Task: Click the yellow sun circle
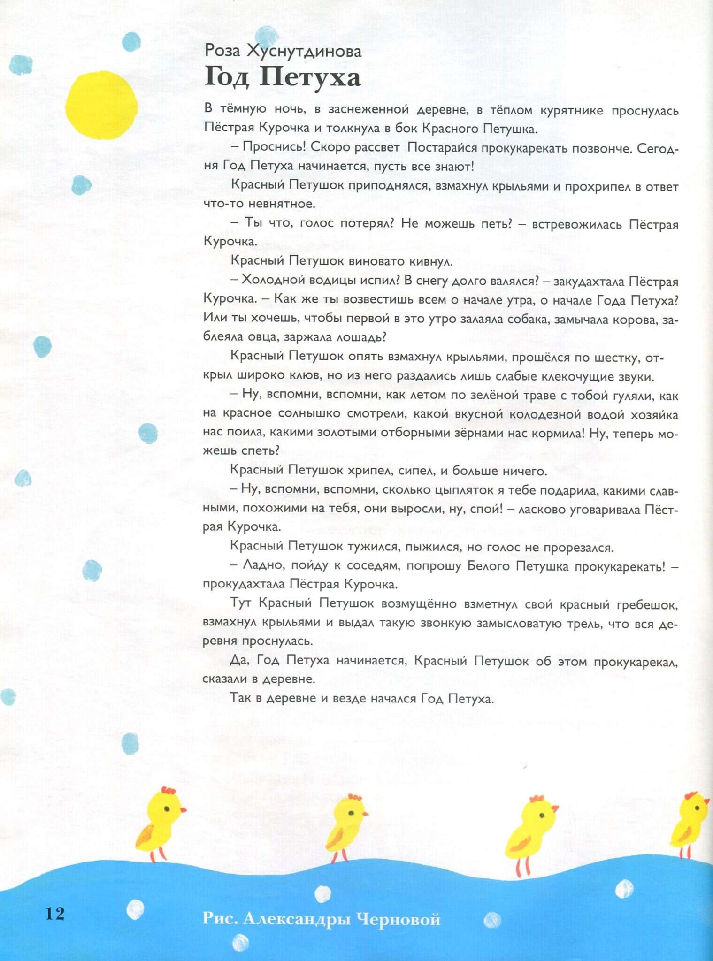click(x=101, y=105)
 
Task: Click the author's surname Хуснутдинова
click(x=304, y=51)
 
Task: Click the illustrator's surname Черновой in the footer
click(x=398, y=918)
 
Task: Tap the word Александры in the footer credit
click(x=296, y=919)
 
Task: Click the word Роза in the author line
click(x=222, y=51)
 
